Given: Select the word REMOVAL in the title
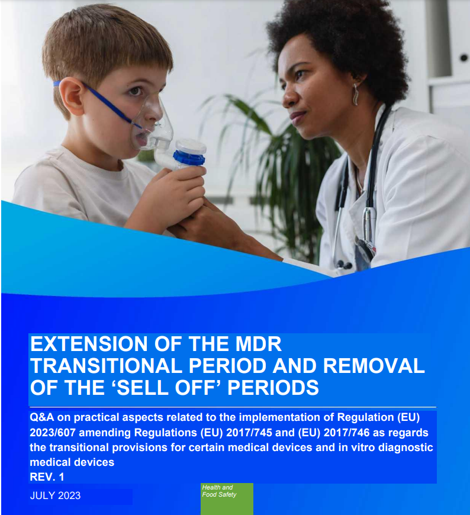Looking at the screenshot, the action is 374,366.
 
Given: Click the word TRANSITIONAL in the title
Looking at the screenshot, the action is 106,366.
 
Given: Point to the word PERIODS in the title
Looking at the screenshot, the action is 273,388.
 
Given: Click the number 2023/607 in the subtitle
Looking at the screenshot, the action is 53,433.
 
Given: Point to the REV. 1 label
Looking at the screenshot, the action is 47,477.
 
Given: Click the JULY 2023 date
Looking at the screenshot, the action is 55,495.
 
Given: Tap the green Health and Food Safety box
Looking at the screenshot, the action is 227,499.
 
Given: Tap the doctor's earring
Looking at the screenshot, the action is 355,95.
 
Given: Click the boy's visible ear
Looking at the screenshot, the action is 70,96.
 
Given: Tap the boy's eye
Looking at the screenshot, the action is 134,91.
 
